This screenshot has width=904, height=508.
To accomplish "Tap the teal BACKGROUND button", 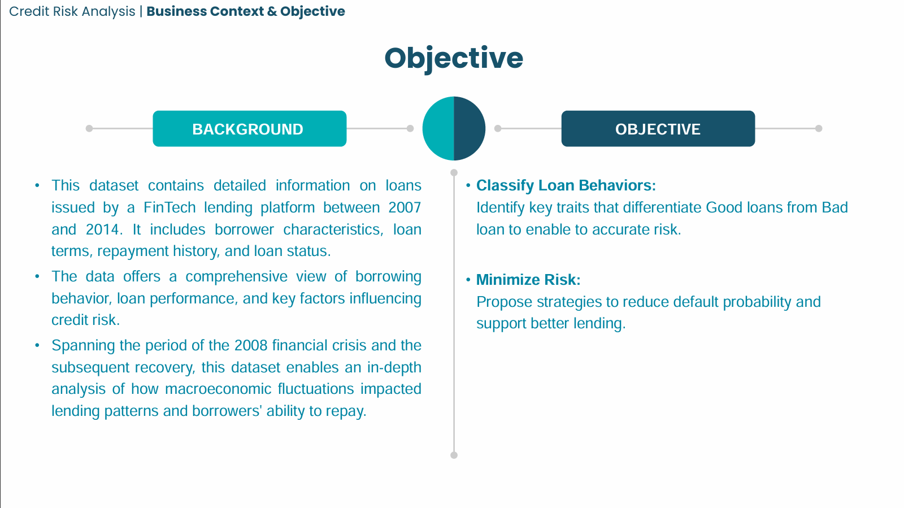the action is click(249, 129).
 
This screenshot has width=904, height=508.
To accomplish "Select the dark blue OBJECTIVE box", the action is click(658, 129).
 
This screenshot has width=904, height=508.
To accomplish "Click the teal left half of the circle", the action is click(438, 128).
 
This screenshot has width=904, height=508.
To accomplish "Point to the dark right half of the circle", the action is click(470, 128).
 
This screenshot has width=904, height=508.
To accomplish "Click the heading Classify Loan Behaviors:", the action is click(566, 185).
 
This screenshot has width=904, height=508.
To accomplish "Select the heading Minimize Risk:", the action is click(528, 280).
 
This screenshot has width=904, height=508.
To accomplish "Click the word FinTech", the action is click(169, 208).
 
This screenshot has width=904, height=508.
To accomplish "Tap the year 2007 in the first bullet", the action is click(405, 208).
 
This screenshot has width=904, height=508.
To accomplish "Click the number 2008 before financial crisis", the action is click(251, 345).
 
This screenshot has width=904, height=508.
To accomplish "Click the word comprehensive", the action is click(236, 277).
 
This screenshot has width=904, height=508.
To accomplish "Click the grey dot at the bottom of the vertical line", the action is click(454, 455).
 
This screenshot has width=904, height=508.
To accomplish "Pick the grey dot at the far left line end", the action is click(89, 128).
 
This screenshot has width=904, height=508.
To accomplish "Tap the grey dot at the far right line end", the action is click(819, 128).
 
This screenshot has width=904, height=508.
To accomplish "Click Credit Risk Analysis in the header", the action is click(72, 11).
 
